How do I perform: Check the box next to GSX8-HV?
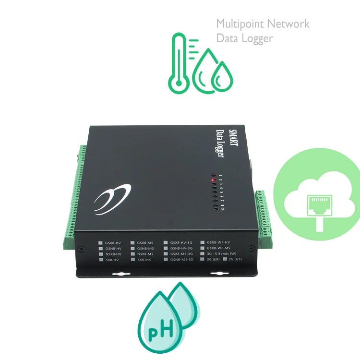pos(101,243)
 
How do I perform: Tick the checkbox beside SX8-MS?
pos(132,260)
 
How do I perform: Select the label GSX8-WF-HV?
pos(218,243)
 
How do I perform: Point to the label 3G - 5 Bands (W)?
pos(221,254)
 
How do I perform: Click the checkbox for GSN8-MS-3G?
pos(166,260)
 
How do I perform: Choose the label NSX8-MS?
pos(145,254)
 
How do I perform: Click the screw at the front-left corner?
pos(79,249)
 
